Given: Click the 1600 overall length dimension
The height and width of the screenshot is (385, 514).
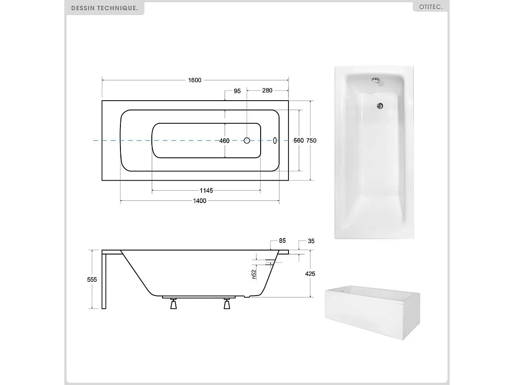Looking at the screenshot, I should tap(194, 81).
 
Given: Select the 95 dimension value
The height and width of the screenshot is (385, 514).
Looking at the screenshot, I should tap(237, 91).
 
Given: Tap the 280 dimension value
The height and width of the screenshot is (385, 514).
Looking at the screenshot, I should tap(267, 91).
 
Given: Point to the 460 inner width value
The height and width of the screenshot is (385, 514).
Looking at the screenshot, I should tap(224, 140).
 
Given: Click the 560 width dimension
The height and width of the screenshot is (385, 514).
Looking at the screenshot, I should tap(298, 140).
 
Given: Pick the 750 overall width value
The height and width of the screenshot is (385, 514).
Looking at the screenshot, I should tap(312, 140).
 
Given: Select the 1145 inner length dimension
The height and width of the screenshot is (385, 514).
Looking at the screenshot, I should tap(206, 191).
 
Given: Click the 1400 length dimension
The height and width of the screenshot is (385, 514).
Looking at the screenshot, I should tap(200, 201).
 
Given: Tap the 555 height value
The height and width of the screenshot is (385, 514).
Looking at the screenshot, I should tap(92, 279).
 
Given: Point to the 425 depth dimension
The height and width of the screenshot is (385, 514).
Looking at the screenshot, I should tap(310, 274).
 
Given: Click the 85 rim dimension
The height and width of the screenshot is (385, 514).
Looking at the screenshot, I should tap(282, 241).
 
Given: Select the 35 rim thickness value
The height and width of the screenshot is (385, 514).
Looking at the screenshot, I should tap(311, 241).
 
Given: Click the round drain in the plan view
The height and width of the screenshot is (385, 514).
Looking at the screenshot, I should tap(247, 140).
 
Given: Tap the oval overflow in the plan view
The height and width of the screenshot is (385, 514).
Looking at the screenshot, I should tap(275, 140).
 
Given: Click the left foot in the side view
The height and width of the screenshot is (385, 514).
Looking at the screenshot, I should tap(173, 304).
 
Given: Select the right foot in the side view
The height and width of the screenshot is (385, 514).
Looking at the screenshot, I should tap(227, 304).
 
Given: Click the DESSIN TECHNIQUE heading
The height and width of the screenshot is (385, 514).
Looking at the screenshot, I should tap(105, 8).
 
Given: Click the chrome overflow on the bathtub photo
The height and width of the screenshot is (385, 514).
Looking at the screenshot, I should tap(375, 80).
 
